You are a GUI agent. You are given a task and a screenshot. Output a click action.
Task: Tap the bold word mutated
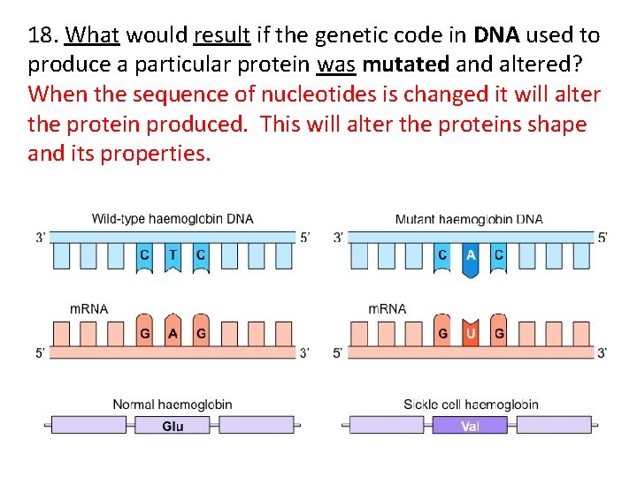pos(402,64)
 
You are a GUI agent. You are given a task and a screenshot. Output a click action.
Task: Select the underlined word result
pos(223,35)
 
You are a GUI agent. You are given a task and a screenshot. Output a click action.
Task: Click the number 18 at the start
pos(41,35)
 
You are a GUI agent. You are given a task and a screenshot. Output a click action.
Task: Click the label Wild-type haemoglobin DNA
pos(172,218)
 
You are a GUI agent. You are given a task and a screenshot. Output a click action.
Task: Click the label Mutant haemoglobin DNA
pos(469,218)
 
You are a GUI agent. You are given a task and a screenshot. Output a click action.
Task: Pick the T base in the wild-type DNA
pos(173,255)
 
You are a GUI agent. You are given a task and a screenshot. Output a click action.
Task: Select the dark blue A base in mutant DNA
pos(471,255)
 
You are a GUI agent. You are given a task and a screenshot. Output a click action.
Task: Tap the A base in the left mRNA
pos(173,334)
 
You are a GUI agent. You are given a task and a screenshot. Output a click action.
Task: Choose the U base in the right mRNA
pos(471,334)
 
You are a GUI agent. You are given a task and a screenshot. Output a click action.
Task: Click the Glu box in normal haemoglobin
pos(173,426)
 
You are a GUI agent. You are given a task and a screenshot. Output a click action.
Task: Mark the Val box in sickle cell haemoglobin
pos(471,426)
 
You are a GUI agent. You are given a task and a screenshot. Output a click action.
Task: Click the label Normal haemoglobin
pos(172,405)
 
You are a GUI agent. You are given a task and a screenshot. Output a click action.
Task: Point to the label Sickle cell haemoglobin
pos(471,405)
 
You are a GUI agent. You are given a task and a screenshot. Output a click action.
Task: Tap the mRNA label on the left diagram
pos(88,308)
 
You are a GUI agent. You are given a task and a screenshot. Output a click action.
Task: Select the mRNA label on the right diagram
pos(387,308)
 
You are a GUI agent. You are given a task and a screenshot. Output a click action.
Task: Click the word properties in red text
pos(156,154)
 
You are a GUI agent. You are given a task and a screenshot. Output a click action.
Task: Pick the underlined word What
pos(93,35)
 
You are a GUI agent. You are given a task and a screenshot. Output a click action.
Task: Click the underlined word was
pos(336,64)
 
